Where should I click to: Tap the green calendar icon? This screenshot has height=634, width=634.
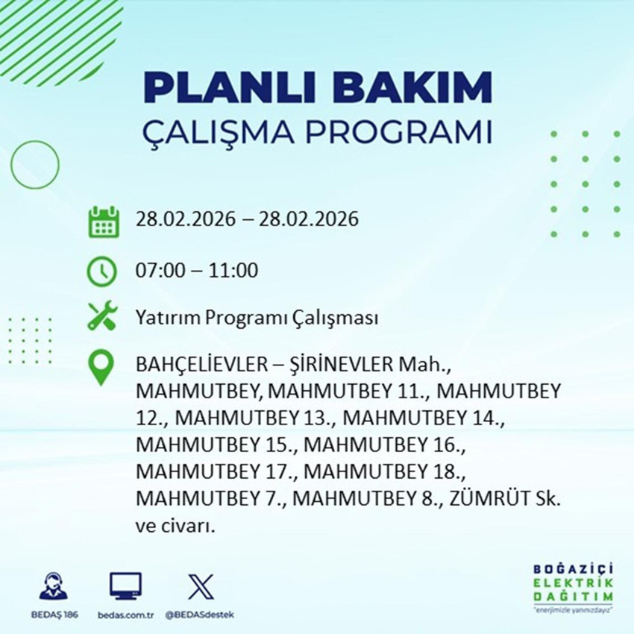104,222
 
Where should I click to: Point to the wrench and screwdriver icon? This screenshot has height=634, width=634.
101,318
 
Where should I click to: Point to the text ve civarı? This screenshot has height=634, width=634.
175,527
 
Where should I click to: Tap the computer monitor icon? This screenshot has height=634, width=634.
125,587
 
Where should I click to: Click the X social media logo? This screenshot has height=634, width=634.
200,587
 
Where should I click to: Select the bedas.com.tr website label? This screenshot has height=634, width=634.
125,615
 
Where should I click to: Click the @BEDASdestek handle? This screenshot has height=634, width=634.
199,615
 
